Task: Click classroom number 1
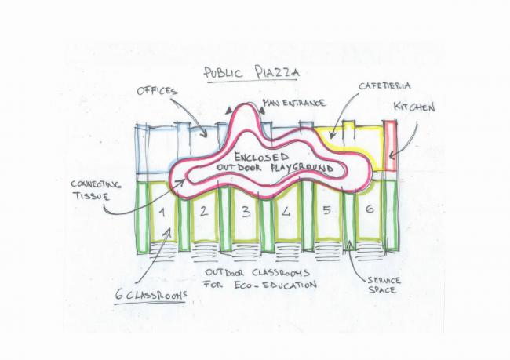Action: click(161, 212)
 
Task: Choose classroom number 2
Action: click(203, 210)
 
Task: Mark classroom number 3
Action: click(245, 210)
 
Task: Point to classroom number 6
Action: click(369, 210)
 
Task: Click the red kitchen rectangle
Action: click(392, 145)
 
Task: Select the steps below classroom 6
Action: click(369, 253)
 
